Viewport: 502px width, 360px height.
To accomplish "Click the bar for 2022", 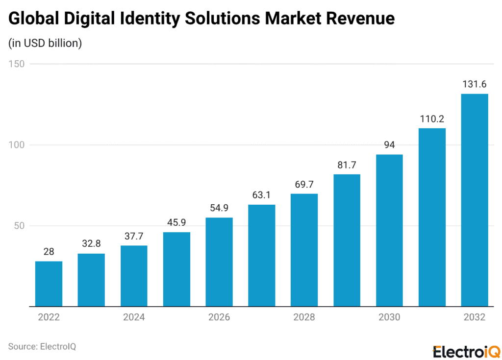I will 49,284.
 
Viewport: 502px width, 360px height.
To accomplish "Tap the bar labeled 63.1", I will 261,255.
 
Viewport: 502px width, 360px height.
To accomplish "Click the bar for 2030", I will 389,230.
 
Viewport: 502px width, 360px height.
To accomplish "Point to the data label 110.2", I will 431,119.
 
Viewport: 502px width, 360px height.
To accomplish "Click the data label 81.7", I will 347,165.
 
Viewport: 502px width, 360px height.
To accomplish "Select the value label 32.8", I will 91,244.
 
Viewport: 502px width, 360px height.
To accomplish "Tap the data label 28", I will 49,252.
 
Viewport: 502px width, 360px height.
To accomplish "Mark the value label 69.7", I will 304,184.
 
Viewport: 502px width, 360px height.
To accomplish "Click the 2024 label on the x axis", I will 134,317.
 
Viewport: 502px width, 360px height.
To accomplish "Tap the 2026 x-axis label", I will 219,317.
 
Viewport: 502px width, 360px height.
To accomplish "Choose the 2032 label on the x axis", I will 474,317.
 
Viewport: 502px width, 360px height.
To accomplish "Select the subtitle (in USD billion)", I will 45,43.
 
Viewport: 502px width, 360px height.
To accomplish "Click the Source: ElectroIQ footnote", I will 42,346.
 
